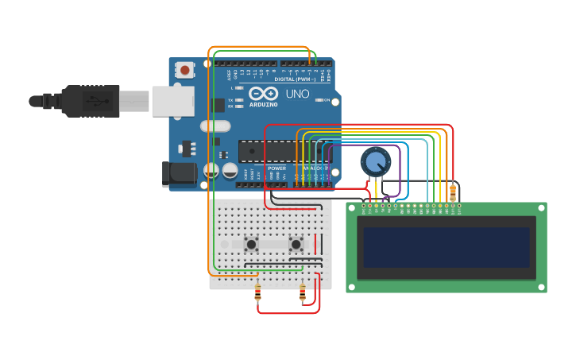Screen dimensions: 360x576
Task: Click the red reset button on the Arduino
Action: pos(185,70)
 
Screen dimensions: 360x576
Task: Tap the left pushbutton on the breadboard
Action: pos(252,244)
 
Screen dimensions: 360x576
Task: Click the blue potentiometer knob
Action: pos(375,162)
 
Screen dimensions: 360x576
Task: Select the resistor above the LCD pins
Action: pos(453,192)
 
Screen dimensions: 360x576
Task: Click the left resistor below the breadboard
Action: pos(257,294)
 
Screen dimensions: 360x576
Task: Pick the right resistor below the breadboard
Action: pos(303,294)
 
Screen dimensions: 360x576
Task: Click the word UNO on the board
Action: pos(297,95)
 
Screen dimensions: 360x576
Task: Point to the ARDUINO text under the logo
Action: pos(264,104)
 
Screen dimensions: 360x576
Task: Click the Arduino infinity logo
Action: pos(264,94)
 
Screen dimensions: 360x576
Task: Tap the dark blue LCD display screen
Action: pos(446,247)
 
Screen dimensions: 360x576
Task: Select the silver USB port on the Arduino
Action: pos(173,101)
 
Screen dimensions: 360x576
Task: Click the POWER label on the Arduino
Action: pos(276,168)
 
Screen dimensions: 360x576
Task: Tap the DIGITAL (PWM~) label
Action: pos(295,79)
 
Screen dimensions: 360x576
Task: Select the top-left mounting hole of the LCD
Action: pos(352,208)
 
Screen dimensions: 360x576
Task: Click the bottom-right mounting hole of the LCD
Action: pos(541,287)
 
